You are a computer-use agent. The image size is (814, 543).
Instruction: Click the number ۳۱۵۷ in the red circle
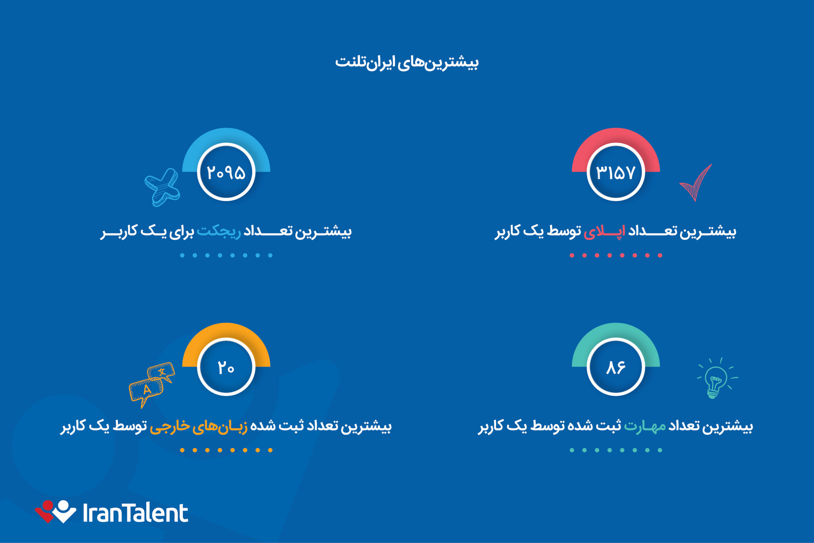pos(615,172)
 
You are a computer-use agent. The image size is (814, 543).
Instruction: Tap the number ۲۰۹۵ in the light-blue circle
pos(226,172)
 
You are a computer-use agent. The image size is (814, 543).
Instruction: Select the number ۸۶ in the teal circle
pos(615,367)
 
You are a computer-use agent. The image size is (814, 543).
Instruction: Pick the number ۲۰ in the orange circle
pos(226,367)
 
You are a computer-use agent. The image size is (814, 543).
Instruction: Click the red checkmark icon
pos(696,183)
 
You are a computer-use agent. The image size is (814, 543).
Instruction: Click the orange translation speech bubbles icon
pos(152,384)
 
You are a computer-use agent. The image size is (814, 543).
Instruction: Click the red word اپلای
pos(604,231)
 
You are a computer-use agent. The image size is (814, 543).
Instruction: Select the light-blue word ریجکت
pos(219,231)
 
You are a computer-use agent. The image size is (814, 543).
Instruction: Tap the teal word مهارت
pos(645,426)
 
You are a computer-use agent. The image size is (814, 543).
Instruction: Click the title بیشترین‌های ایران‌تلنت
pos(407,63)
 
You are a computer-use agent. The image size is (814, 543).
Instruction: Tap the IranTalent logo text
pos(135,513)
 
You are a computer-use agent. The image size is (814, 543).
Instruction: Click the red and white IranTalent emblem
pos(55,511)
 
